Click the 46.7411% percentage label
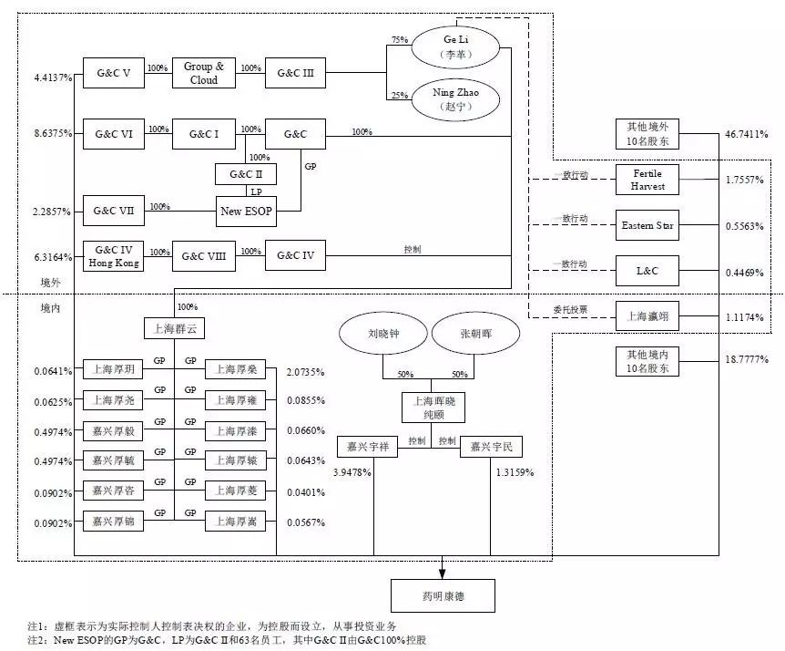(x=747, y=134)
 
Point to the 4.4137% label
(x=53, y=77)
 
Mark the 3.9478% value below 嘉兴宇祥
(x=352, y=472)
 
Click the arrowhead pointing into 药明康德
(x=442, y=573)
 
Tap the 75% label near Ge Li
(x=400, y=39)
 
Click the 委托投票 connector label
(x=570, y=310)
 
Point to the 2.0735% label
(x=305, y=372)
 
